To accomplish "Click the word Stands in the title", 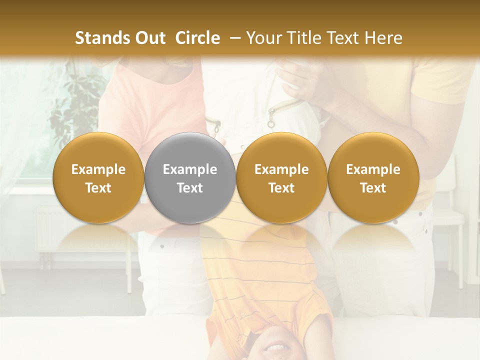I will pyautogui.click(x=101, y=38).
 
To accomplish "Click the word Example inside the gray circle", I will pyautogui.click(x=190, y=169).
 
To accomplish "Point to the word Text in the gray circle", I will pyautogui.click(x=190, y=188).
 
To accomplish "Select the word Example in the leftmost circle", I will pyautogui.click(x=98, y=169).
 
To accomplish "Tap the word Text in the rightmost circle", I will pyautogui.click(x=373, y=188).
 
